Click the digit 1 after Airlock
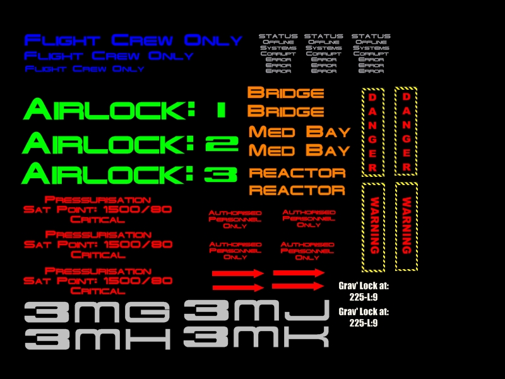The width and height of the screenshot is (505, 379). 219,110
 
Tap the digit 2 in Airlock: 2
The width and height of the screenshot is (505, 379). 222,144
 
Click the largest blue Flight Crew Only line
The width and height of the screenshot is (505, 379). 133,40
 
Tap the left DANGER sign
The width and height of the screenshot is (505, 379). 372,131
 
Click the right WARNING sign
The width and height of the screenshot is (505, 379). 407,227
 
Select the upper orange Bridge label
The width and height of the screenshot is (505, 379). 285,93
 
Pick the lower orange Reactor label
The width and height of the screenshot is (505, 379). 297,190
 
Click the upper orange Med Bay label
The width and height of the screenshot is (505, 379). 299,132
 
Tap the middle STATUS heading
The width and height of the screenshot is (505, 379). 323,36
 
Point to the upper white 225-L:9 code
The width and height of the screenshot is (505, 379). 363,297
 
